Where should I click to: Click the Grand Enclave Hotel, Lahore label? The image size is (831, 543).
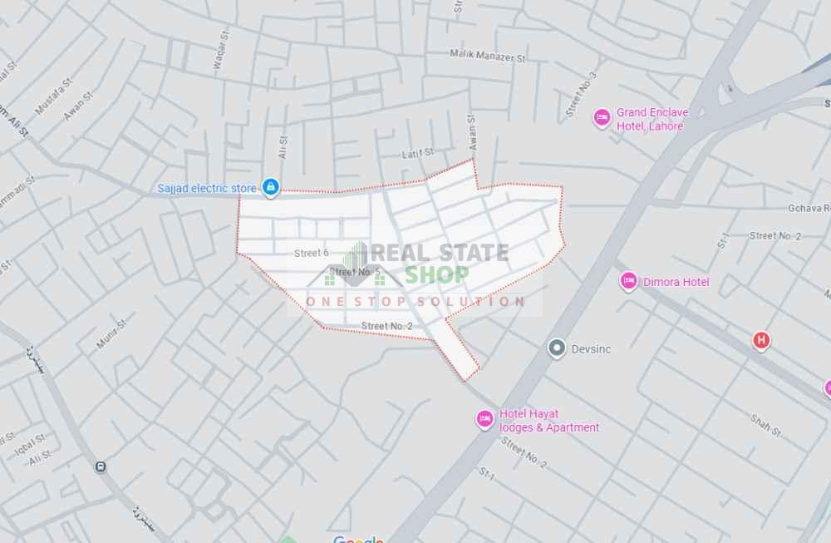[x=650, y=120]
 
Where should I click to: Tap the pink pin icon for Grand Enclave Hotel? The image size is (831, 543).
[x=602, y=119]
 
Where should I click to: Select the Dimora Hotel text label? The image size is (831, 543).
[x=676, y=282]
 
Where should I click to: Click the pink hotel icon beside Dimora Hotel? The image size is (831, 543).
[x=628, y=282]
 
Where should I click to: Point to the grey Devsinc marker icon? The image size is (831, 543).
[x=557, y=349]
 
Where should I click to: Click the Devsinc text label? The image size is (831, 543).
[x=591, y=349]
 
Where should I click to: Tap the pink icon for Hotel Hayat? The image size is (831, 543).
[x=484, y=420]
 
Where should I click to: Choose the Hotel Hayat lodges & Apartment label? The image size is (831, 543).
[x=548, y=421]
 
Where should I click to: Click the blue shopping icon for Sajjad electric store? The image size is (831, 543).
[x=270, y=188]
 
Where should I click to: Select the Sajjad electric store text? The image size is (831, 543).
[x=207, y=189]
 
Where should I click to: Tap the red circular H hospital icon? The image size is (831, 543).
[x=760, y=339]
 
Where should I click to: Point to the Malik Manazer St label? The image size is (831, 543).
[x=488, y=57]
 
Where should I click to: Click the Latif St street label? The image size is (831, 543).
[x=418, y=153]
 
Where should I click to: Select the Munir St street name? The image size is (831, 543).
[x=110, y=333]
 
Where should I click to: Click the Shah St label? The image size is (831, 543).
[x=765, y=425]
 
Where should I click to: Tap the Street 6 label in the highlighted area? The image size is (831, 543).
[x=312, y=253]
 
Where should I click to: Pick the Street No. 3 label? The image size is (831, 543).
[x=581, y=93]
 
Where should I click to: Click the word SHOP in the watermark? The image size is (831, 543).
[x=437, y=274]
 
